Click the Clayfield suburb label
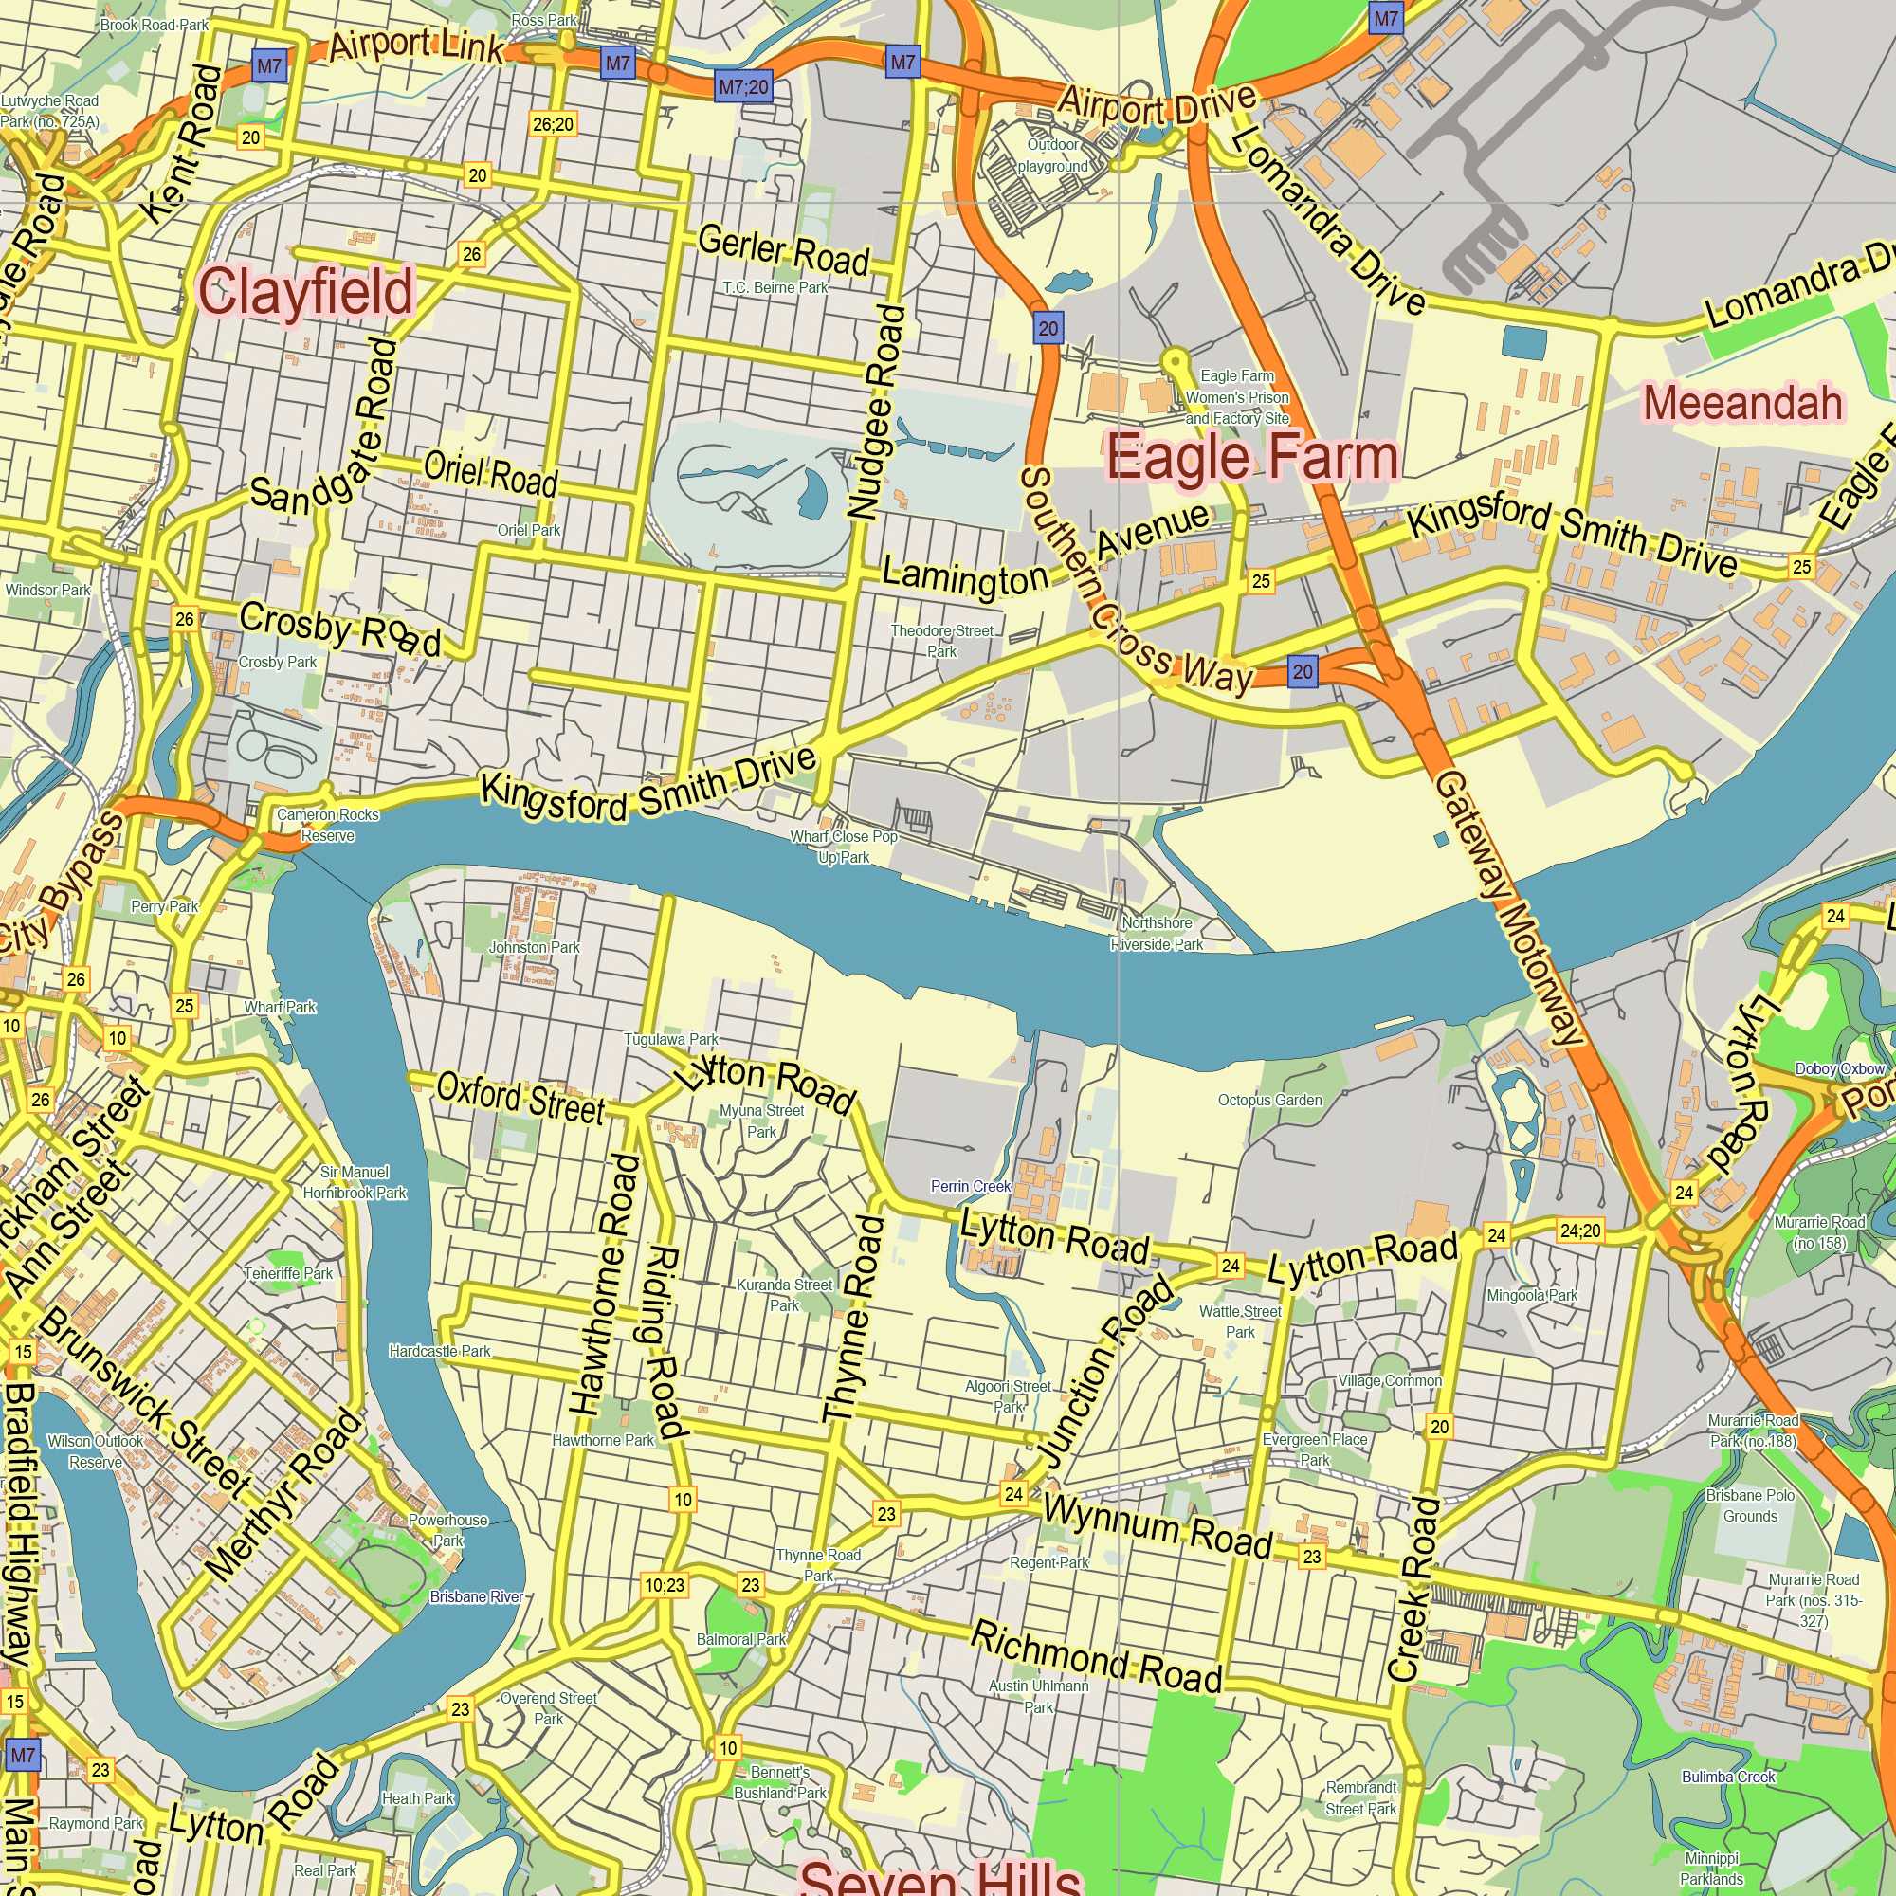305,291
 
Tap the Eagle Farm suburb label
1251,457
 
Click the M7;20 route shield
743,87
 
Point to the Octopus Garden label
1270,1100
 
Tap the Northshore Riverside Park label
1156,933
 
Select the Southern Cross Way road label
1128,589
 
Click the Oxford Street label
520,1098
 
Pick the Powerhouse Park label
447,1530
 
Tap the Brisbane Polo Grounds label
1750,1505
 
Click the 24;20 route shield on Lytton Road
1580,1231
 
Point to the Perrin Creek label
970,1187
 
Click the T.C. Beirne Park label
775,287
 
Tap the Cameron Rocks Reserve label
328,826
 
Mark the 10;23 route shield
665,1585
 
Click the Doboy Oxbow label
1839,1068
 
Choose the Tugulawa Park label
671,1039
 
